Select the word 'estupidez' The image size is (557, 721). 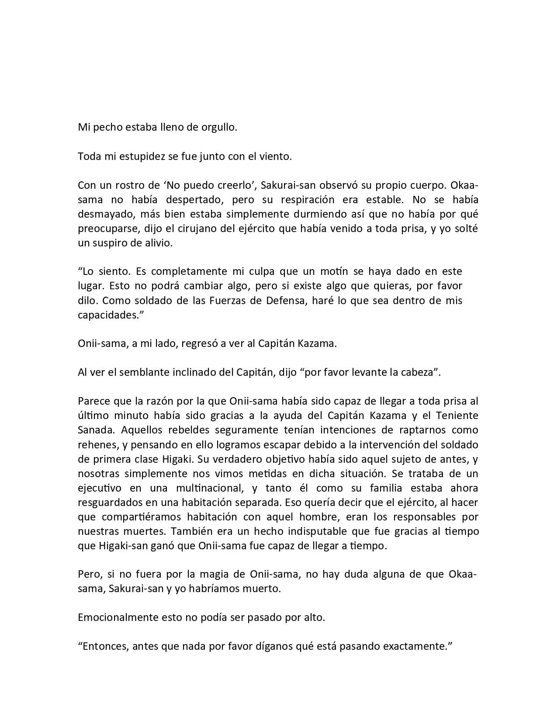click(144, 156)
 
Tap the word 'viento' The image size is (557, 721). click(275, 156)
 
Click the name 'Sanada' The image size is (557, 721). click(95, 430)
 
